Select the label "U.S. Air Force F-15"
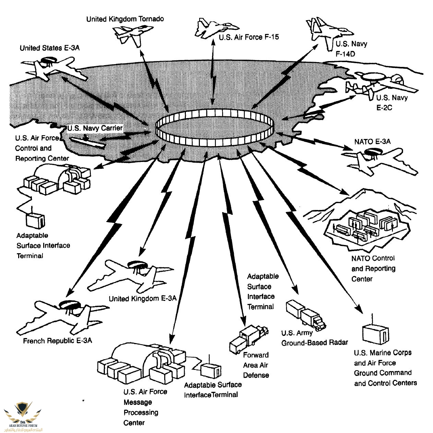coord(249,37)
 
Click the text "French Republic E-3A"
coord(57,341)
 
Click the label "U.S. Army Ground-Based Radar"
coord(314,338)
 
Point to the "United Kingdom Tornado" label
coord(125,19)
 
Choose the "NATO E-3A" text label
coord(372,141)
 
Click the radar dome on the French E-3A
coord(70,304)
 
